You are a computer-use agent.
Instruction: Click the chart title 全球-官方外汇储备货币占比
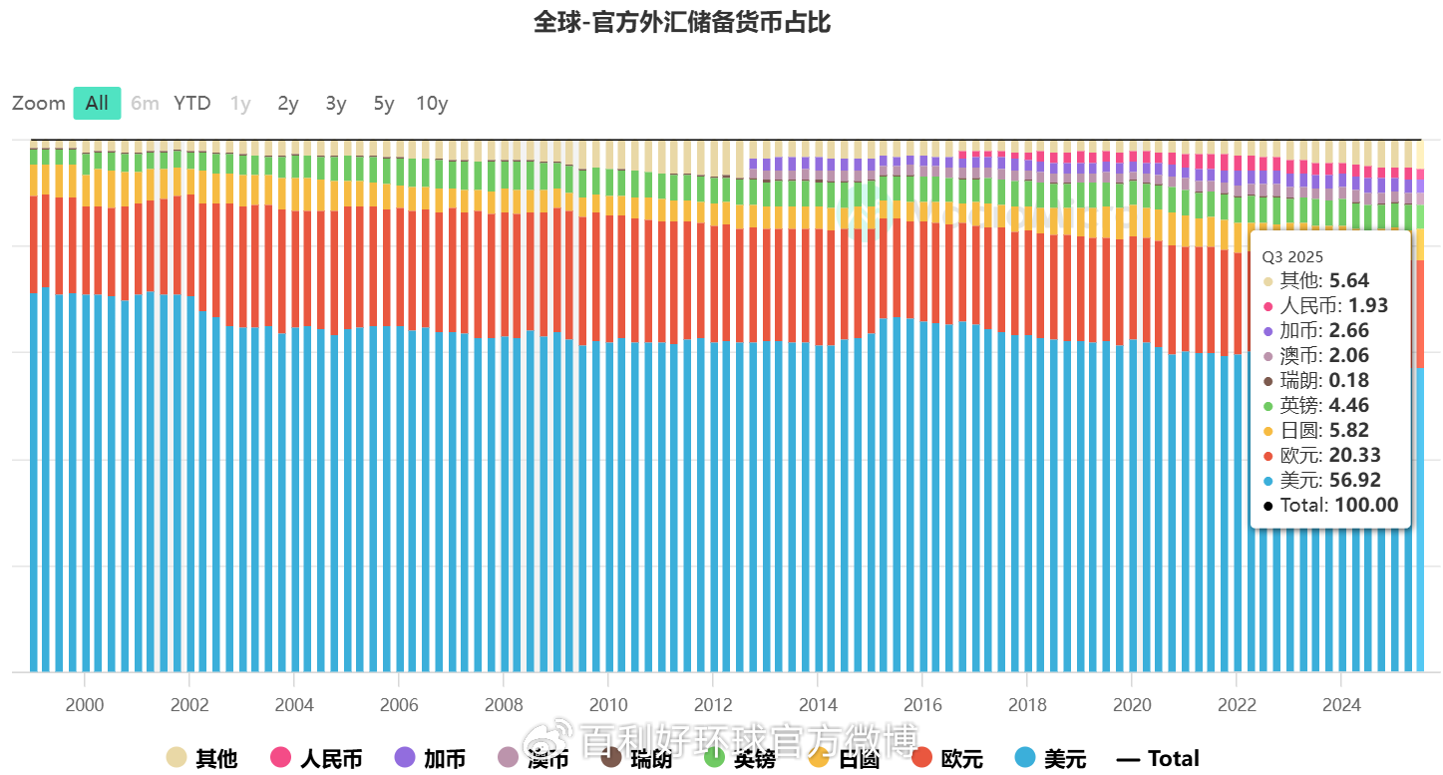(682, 23)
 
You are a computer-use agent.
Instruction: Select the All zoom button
(97, 103)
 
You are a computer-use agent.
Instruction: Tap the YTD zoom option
(192, 103)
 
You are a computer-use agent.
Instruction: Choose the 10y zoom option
(432, 104)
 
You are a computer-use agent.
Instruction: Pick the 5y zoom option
(384, 104)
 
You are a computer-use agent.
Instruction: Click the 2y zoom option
(288, 104)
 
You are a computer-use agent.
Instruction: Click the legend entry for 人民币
(316, 758)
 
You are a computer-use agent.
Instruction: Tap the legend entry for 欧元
(947, 758)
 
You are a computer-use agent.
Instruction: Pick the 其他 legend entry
(202, 758)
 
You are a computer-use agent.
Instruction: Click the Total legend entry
(1158, 758)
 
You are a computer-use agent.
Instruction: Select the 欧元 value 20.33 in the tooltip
(1354, 455)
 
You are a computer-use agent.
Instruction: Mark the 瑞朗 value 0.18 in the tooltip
(1348, 380)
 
